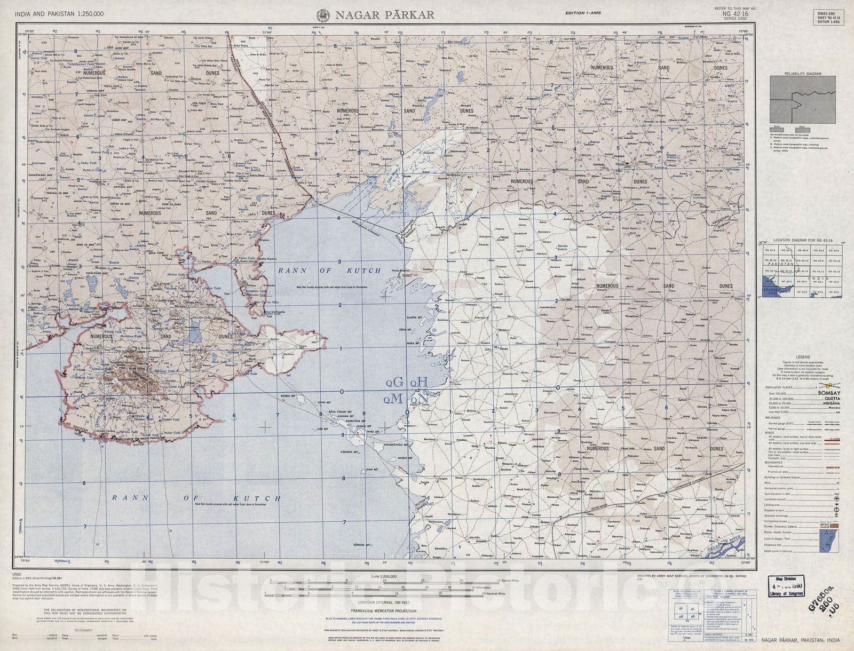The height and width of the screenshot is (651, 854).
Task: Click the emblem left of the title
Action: [322, 15]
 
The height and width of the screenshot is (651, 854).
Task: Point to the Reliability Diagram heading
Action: [802, 74]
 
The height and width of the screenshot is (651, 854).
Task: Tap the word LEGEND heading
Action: [802, 357]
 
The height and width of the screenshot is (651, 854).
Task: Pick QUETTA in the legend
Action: [825, 399]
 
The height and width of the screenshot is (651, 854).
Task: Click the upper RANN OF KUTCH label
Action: [329, 271]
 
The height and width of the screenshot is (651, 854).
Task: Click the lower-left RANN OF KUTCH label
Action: [196, 498]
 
